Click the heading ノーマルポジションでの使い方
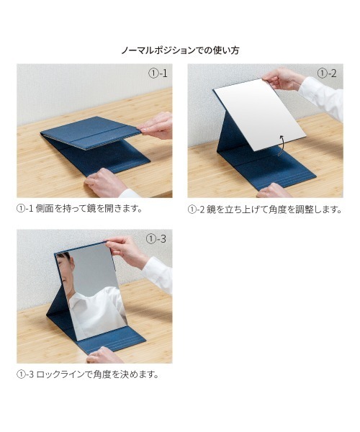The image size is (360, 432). [180, 50]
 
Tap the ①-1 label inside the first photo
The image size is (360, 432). [158, 73]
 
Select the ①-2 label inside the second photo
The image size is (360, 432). [327, 73]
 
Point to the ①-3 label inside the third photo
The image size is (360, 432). [156, 238]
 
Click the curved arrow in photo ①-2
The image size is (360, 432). [282, 145]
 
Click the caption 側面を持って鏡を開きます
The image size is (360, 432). [89, 209]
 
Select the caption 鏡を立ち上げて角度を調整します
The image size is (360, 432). [274, 210]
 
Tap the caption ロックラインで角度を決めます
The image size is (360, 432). [97, 374]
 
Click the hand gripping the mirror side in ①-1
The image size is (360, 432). [156, 125]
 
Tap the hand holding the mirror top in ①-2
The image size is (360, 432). [284, 78]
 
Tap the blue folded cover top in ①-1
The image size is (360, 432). [91, 132]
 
